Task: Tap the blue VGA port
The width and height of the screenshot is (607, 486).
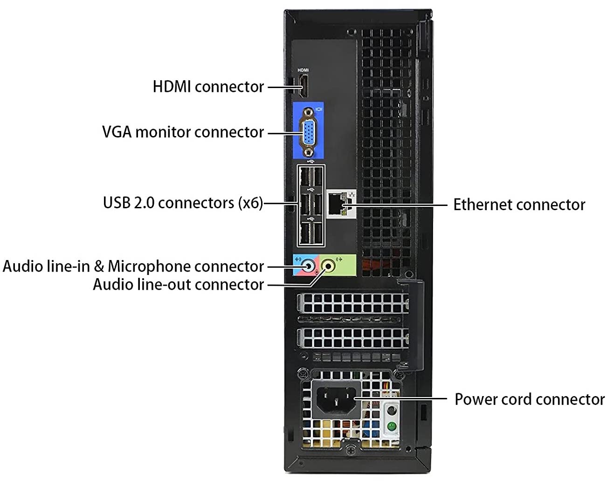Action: (309, 132)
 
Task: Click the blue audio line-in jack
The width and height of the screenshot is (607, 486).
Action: (308, 266)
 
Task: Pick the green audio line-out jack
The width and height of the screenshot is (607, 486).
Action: (329, 266)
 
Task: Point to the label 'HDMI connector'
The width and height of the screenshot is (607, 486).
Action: (208, 87)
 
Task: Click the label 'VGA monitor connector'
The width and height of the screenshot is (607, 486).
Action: (183, 132)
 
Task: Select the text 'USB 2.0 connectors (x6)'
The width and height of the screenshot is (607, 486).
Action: (183, 203)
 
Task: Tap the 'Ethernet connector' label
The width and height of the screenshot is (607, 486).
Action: (519, 205)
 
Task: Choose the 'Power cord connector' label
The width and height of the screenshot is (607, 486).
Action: (529, 399)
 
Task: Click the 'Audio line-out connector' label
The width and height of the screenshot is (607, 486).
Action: (178, 284)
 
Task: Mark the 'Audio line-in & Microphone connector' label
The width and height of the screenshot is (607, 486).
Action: (133, 266)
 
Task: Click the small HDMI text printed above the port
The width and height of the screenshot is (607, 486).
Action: (303, 70)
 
